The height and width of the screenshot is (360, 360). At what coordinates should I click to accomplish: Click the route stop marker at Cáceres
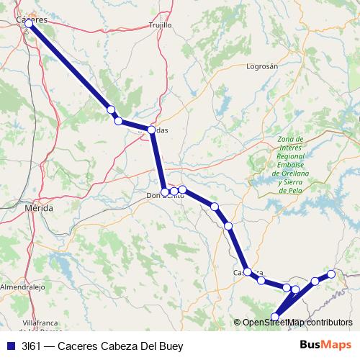[x=29, y=24]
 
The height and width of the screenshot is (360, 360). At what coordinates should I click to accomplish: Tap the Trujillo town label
[x=160, y=24]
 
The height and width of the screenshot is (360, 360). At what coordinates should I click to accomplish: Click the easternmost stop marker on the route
[x=331, y=274]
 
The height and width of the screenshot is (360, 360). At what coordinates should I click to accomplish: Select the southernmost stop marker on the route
[x=274, y=316]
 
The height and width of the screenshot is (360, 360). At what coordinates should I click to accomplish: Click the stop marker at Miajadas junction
[x=152, y=130]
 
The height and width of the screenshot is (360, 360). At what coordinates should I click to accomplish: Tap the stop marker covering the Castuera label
[x=248, y=272]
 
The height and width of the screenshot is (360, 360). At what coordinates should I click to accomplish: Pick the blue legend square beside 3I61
[x=9, y=346]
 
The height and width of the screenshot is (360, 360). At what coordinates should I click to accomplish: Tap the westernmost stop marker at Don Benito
[x=166, y=192]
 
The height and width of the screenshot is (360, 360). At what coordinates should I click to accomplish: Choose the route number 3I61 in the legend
[x=32, y=346]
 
